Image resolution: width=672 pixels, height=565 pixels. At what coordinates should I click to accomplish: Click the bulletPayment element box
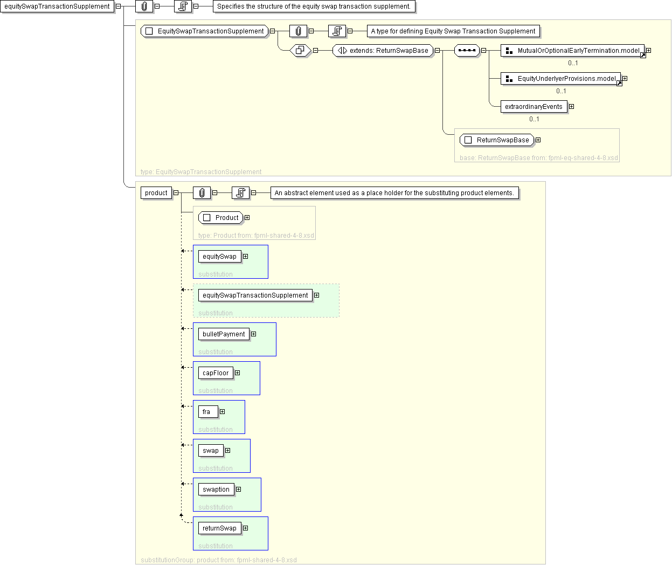(224, 334)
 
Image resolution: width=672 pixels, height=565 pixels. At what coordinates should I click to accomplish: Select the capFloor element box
(216, 373)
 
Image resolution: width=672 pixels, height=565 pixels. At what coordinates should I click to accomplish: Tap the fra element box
(207, 412)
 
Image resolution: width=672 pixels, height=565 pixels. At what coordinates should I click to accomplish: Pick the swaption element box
(216, 490)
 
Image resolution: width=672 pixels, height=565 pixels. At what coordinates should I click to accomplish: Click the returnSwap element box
(219, 528)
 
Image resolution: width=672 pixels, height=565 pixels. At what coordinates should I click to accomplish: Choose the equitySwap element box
(219, 257)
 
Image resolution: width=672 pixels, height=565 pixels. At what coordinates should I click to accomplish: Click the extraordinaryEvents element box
(534, 107)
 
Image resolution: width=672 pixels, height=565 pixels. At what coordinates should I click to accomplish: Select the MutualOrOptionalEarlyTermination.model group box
(573, 51)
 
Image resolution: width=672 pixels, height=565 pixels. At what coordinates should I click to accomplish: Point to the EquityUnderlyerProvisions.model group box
(561, 79)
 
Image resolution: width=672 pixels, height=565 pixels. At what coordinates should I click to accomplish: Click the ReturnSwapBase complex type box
(497, 140)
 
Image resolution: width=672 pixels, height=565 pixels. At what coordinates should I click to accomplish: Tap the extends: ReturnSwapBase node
(383, 51)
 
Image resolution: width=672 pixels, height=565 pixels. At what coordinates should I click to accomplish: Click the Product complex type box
(221, 218)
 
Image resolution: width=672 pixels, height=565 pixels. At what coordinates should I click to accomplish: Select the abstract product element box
(156, 193)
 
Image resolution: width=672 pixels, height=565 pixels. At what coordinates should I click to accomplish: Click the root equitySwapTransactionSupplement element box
(57, 6)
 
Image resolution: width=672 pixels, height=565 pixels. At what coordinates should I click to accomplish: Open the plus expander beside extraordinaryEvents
(571, 107)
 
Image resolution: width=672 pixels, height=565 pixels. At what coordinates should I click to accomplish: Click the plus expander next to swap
(227, 451)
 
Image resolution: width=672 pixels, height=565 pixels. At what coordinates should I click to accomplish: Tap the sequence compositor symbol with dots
(467, 51)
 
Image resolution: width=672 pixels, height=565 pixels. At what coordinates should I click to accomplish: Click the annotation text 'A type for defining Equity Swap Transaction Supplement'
(453, 31)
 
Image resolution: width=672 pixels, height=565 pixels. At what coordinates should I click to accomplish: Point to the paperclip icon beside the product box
(202, 193)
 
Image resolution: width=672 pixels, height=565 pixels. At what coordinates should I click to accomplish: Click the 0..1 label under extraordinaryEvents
(534, 119)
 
